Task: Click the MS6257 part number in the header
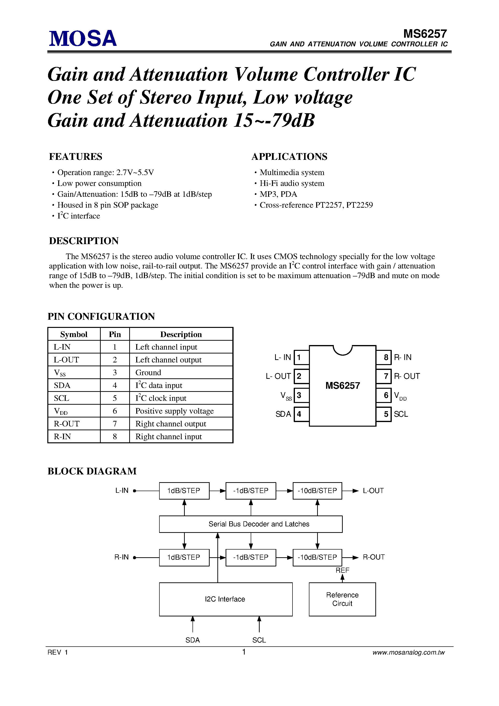pos(425,34)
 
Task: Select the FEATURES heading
pos(76,156)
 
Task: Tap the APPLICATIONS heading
pos(289,156)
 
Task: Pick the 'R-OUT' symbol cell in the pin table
pos(67,424)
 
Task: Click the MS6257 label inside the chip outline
pos(343,385)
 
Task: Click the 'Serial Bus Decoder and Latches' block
pos(251,524)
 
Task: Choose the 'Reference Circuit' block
pos(342,599)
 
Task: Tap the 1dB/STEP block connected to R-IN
pos(184,557)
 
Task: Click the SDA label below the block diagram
pos(192,640)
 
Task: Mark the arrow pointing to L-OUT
pos(355,491)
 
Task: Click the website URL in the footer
pos(408,652)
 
